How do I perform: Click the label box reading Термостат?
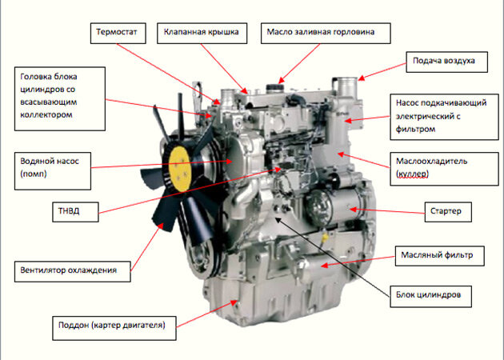point(117,34)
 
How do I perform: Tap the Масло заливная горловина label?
point(328,34)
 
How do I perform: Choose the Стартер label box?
point(446,212)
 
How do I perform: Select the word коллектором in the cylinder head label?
point(48,115)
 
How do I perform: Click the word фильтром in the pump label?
point(416,128)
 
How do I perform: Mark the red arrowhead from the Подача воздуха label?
point(361,78)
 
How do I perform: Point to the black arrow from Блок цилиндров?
point(336,248)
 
